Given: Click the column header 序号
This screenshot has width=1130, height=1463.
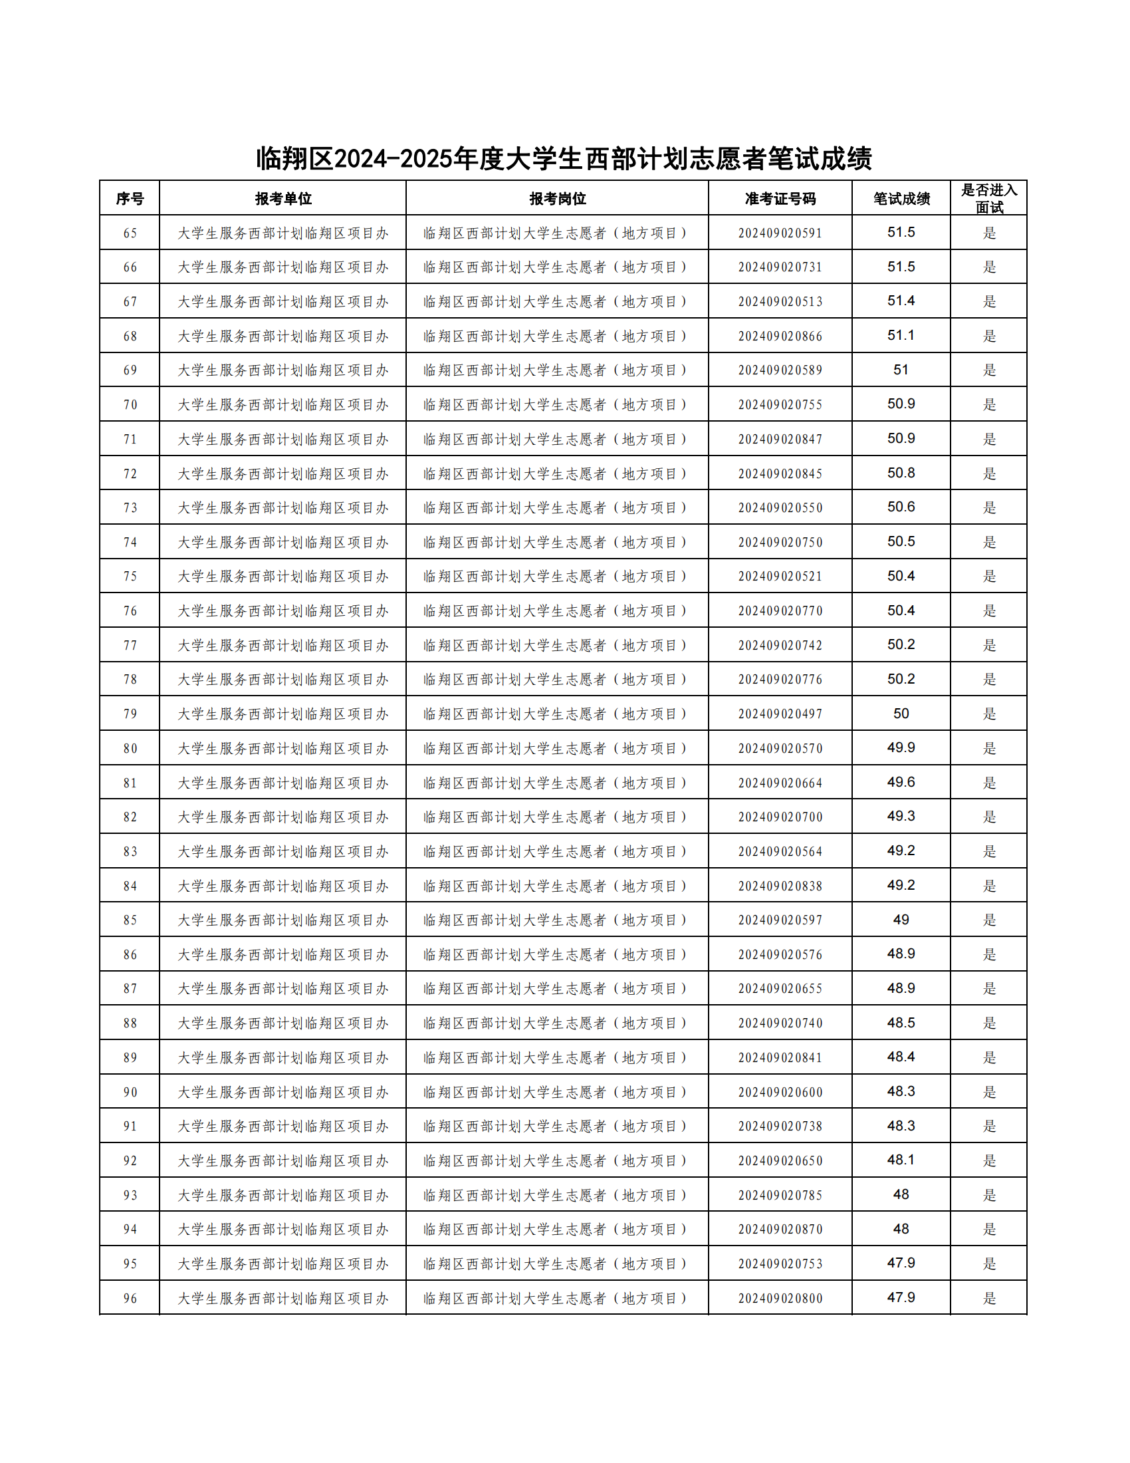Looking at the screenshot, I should tap(130, 198).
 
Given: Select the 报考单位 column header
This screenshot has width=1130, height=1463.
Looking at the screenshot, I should tap(282, 198).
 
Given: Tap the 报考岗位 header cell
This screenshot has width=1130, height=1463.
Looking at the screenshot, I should tap(557, 198).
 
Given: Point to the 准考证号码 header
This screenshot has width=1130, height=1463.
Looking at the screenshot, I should tap(780, 198).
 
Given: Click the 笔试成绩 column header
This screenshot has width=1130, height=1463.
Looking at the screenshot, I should tap(901, 198).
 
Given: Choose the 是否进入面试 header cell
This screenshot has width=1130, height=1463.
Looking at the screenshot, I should tap(989, 198).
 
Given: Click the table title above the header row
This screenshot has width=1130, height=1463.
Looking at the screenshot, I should tap(564, 159).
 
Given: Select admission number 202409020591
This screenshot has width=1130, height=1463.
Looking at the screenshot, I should tap(780, 233).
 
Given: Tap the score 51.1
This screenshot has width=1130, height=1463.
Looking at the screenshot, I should tap(901, 336).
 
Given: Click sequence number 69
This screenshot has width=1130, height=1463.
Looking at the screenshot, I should tap(130, 370).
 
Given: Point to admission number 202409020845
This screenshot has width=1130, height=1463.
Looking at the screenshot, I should tap(780, 473).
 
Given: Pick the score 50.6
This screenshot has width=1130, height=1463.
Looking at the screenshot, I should tap(901, 507).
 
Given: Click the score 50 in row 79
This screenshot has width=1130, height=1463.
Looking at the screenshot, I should tap(901, 714).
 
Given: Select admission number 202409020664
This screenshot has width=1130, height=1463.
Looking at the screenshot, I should tap(780, 783).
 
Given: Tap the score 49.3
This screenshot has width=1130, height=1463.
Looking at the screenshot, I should tap(901, 817).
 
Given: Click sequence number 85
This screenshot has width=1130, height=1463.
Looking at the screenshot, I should tap(130, 920).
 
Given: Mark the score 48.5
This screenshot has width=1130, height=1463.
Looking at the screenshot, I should tap(901, 1023).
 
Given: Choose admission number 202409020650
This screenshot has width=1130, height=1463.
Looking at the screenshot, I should tap(780, 1161).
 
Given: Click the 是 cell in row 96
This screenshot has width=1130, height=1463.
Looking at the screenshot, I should tap(989, 1298).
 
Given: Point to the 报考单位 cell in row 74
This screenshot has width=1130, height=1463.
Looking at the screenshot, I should tap(282, 542).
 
